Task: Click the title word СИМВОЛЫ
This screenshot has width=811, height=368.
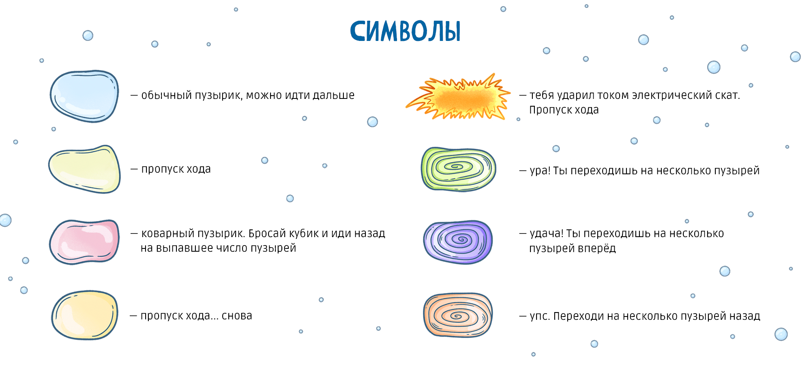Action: [405, 31]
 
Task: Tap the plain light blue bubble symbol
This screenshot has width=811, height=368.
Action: [84, 96]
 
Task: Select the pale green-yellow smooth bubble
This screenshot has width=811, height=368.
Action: [84, 169]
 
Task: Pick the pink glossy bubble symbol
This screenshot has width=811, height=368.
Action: [84, 242]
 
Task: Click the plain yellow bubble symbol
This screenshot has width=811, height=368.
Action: [84, 315]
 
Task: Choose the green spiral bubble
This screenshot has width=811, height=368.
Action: [458, 169]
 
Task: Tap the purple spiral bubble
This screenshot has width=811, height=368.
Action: [458, 242]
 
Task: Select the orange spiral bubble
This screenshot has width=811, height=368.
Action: [458, 315]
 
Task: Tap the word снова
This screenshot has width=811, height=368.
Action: [237, 316]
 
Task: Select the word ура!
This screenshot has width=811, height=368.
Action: [540, 171]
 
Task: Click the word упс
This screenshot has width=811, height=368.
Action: [539, 316]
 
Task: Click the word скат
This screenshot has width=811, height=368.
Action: [727, 96]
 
